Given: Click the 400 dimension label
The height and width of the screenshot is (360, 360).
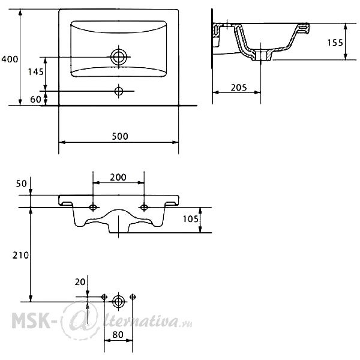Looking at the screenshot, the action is click(10, 59).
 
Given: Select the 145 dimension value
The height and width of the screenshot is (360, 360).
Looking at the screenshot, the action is click(35, 72).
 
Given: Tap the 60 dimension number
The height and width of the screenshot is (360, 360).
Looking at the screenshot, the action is click(35, 100).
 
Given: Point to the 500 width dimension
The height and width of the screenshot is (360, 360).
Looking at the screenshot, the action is click(120, 136).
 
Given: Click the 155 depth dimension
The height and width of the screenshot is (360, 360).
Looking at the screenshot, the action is click(335, 43).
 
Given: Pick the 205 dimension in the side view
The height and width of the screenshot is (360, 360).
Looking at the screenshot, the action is click(239, 88).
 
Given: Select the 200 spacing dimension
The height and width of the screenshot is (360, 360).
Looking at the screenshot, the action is click(118, 177).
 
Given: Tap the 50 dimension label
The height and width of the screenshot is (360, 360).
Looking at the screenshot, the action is click(22, 184).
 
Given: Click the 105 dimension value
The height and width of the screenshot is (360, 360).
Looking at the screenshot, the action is click(190, 219).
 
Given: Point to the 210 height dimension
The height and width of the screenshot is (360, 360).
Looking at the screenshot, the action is click(20, 256).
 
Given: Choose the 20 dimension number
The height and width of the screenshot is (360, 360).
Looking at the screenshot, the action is click(80, 282).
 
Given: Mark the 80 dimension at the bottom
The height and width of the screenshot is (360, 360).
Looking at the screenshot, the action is click(118, 335).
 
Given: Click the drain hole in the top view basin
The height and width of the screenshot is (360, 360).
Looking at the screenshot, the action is click(118, 57).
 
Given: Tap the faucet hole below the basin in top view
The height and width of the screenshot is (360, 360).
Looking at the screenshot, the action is click(118, 91).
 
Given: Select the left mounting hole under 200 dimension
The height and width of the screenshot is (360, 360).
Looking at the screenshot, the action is click(93, 208).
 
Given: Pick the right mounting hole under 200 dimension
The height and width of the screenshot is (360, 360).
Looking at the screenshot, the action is click(144, 208).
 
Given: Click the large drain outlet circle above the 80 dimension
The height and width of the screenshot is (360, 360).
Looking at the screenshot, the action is click(118, 302).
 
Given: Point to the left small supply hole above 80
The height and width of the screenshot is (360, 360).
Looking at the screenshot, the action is click(104, 297).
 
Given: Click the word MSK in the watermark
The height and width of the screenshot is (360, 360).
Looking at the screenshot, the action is click(31, 320).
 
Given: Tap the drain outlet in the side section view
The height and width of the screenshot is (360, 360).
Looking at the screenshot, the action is click(261, 56).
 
